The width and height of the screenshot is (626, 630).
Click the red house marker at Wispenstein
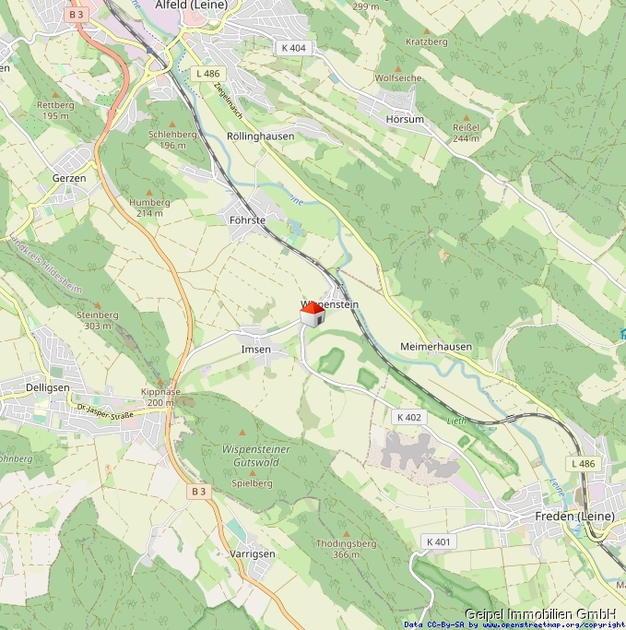[313, 315]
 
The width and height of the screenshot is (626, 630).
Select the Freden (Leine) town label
[573, 517]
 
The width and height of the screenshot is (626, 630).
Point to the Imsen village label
[255, 350]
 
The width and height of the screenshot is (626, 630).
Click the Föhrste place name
[247, 220]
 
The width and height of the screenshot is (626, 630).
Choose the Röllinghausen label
[260, 136]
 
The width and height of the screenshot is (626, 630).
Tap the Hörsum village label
[405, 120]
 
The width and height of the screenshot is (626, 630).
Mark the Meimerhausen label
[436, 347]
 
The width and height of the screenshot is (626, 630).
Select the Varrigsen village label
[252, 553]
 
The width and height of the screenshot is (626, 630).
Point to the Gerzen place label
[69, 178]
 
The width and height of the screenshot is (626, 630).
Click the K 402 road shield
[409, 417]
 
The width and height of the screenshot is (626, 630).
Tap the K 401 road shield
[439, 541]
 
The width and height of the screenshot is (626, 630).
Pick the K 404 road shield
[293, 47]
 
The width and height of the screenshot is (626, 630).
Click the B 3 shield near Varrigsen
[199, 492]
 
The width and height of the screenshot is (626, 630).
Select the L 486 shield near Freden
[584, 462]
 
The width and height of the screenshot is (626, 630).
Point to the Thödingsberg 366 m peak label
[346, 549]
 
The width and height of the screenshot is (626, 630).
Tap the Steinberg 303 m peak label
[98, 320]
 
